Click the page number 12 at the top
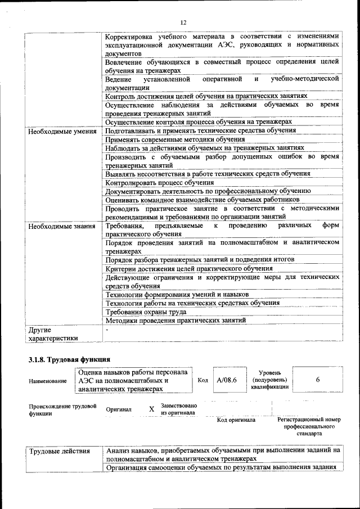[x=183, y=22]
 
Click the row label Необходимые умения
[x=60, y=130]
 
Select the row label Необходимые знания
[x=58, y=226]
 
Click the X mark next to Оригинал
[x=151, y=409]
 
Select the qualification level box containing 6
[x=318, y=380]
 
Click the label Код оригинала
[x=236, y=420]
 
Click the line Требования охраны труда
[x=146, y=312]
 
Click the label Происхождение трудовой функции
[x=62, y=409]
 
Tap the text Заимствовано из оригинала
[x=178, y=409]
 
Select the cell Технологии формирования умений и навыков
[x=177, y=294]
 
